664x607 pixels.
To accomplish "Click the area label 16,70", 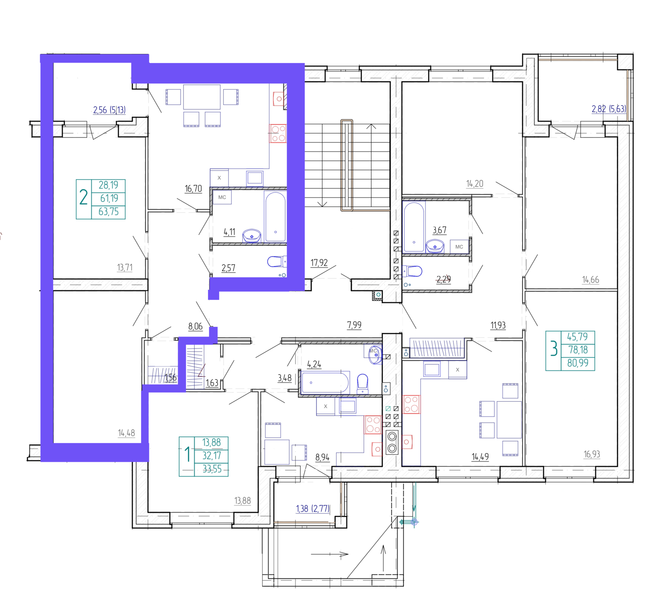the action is tap(193, 189).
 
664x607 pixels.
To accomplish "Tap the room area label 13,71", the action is tap(125, 268).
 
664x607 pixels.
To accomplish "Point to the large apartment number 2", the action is tap(83, 197).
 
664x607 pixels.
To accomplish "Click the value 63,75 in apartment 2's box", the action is tap(109, 212).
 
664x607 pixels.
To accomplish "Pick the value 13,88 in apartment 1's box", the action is tap(212, 443).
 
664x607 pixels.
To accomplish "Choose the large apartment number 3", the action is tap(554, 349).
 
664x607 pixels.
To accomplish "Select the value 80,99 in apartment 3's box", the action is tap(578, 363).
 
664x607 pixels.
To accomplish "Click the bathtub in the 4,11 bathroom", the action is tap(275, 216).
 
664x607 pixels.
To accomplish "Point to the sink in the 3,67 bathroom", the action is tap(435, 246).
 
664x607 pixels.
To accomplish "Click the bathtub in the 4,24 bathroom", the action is tap(325, 383).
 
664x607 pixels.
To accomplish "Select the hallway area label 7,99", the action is tap(354, 325).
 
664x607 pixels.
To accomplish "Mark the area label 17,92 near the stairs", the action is tap(319, 263).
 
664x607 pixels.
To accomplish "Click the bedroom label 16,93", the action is tap(592, 454).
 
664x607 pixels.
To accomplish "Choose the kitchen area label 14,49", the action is tap(480, 457).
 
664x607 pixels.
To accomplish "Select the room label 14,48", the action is tap(126, 433).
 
